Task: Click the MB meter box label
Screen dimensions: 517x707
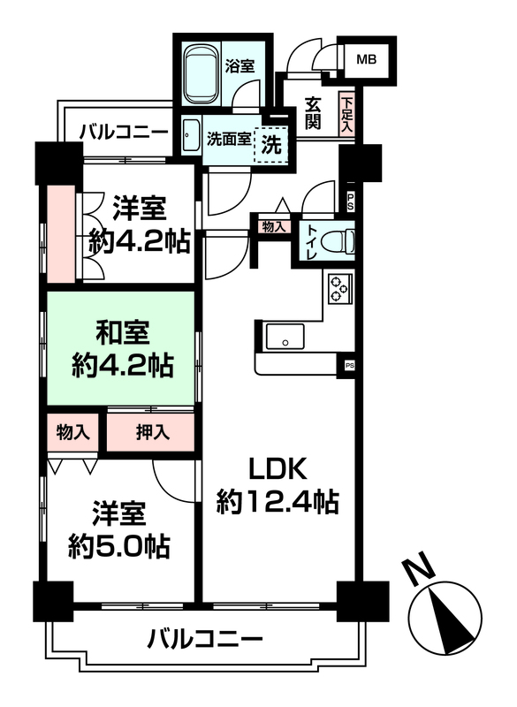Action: pos(366,59)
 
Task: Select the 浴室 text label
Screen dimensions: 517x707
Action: pos(239,66)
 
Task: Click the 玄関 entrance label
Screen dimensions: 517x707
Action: pos(312,113)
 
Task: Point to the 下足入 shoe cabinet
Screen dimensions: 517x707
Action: pos(346,113)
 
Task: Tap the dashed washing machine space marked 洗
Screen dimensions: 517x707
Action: pos(271,145)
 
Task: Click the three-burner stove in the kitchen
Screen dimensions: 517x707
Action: pos(339,289)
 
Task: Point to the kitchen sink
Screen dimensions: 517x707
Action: pos(285,337)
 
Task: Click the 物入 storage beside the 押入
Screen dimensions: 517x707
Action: pos(72,432)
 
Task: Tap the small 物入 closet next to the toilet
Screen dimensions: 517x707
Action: pos(274,227)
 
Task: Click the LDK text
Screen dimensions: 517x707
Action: pos(278,469)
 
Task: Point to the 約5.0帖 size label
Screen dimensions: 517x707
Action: pos(119,546)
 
